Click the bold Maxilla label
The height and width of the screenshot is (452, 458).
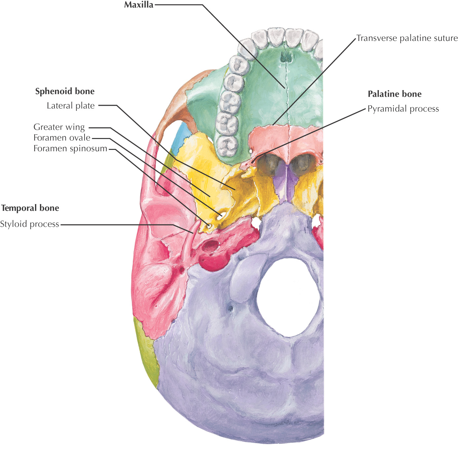tap(139, 5)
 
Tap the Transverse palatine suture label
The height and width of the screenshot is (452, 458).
tap(407, 38)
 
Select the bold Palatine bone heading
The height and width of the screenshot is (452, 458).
tap(395, 94)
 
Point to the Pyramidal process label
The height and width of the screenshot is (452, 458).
tap(403, 109)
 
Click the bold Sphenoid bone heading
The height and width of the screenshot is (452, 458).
tap(65, 91)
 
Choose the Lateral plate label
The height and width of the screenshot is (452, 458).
tap(71, 106)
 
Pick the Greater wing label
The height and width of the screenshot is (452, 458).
tap(59, 127)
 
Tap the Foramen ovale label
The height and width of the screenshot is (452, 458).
tap(62, 138)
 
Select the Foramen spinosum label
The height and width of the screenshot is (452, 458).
tap(70, 149)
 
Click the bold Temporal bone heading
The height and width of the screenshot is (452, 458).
tap(30, 208)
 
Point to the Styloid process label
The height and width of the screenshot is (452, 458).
tap(29, 224)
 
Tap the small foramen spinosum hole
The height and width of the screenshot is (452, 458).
tap(209, 226)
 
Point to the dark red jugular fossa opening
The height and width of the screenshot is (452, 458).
tap(210, 246)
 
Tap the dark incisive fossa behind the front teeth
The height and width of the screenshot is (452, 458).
tap(285, 58)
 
